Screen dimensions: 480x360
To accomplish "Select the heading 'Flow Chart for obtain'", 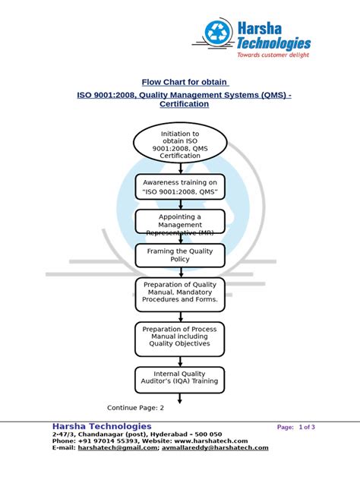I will (x=185, y=82).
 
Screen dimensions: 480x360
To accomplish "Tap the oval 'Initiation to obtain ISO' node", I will (x=180, y=144).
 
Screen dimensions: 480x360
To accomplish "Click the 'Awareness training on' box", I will (x=180, y=188).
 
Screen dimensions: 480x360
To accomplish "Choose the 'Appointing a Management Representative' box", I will (x=180, y=222).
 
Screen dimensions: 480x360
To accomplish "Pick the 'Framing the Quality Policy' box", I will (x=180, y=255).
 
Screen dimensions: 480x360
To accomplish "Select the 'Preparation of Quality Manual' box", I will (x=180, y=293).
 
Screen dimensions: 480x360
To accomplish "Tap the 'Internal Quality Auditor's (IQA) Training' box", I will (x=180, y=377).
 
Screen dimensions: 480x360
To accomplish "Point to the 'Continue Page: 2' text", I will (x=135, y=407).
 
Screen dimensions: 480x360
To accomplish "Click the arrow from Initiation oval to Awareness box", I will (x=180, y=169).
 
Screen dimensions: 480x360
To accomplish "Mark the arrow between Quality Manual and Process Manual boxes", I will (x=180, y=316).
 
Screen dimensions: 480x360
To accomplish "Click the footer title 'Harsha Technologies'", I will (x=102, y=427).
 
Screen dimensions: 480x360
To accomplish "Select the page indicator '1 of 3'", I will (x=308, y=428).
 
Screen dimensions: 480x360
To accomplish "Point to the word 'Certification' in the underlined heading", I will (x=184, y=104).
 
